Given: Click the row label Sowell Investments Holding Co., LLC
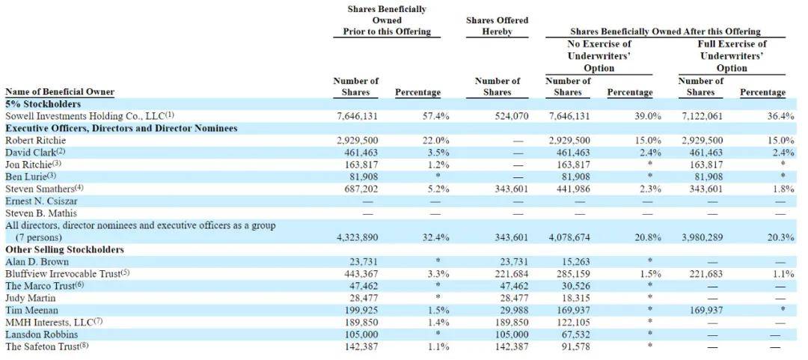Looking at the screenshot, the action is coord(85,116).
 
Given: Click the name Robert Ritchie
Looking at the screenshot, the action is coord(36,140).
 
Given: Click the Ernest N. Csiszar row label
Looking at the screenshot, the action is coord(41,201).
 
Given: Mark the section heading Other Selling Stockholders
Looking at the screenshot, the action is coord(64,250).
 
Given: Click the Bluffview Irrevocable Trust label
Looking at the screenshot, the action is coord(67,274).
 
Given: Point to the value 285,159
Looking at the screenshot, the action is coord(570,274).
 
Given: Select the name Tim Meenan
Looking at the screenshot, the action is coord(31,311).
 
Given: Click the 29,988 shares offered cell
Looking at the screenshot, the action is coord(512,311).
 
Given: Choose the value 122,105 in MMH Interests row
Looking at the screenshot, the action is coord(570,323).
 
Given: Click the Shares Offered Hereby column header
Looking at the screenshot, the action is coord(498,25).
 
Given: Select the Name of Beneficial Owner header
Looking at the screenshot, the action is coord(60,92).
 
